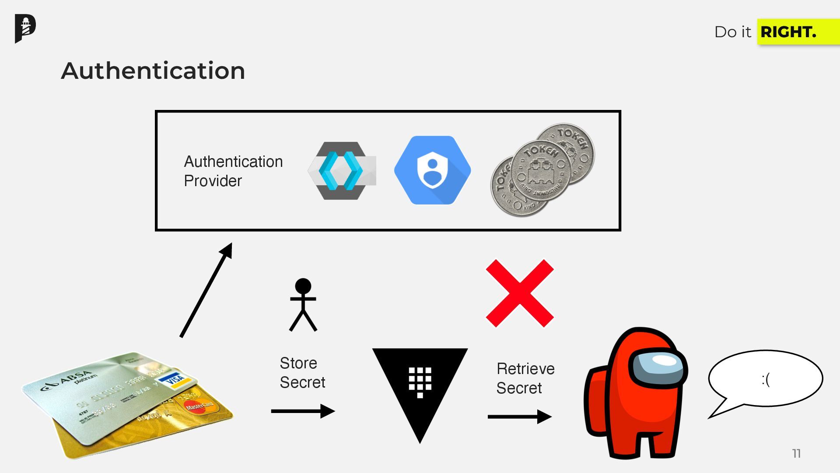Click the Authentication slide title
(x=153, y=71)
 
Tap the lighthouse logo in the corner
(x=25, y=28)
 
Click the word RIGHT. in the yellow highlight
(x=788, y=32)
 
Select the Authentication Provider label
(x=233, y=171)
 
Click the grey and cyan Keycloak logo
(x=342, y=171)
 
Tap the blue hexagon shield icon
(x=432, y=170)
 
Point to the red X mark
(x=520, y=293)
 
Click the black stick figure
(x=303, y=305)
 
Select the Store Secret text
(x=302, y=373)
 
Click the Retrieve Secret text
(x=525, y=378)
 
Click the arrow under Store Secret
(x=303, y=411)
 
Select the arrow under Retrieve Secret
(x=519, y=417)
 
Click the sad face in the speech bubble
(x=766, y=379)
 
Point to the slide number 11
(x=796, y=454)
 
